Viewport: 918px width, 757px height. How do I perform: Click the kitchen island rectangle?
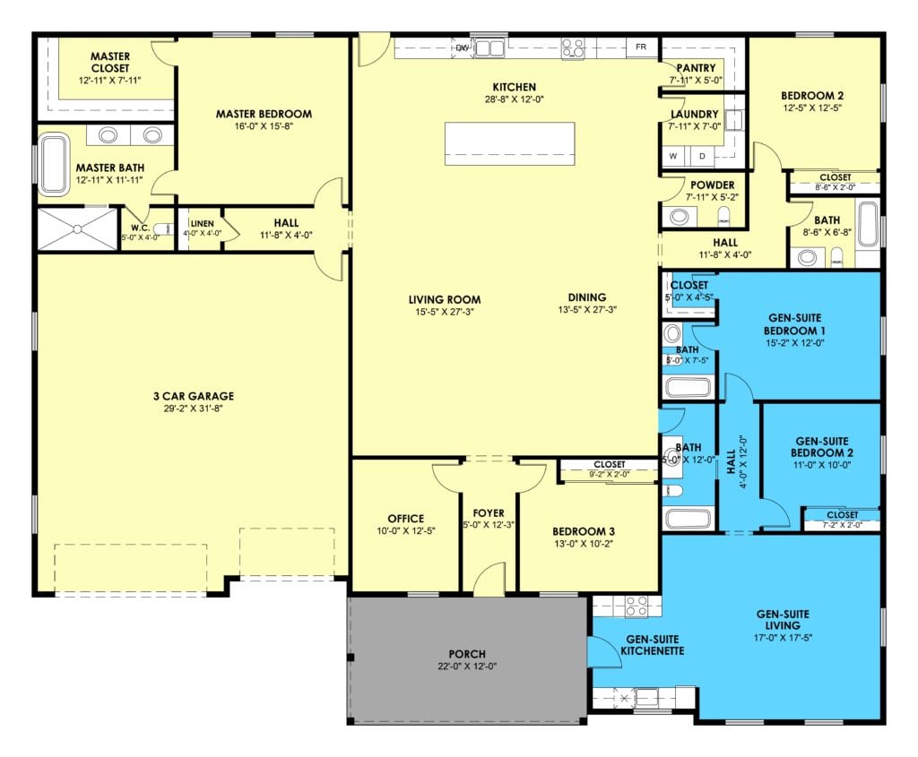(x=509, y=144)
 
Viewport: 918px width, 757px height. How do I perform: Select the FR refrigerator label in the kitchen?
(x=641, y=47)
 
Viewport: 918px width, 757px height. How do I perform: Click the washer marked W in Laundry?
(x=674, y=156)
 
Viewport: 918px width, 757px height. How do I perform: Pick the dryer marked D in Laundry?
(x=702, y=156)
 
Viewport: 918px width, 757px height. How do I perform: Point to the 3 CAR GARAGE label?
(x=194, y=396)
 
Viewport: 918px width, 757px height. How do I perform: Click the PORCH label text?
(x=467, y=654)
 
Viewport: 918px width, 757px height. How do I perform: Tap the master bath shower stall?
(x=78, y=228)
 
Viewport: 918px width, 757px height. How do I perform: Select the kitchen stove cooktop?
(x=573, y=49)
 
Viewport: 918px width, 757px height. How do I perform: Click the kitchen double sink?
(x=489, y=48)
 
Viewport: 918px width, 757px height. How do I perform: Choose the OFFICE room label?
(x=406, y=519)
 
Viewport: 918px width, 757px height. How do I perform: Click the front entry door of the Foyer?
(x=489, y=579)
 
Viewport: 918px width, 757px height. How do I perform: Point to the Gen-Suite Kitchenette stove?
(x=637, y=606)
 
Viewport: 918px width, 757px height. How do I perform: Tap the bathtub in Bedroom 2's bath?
(x=868, y=225)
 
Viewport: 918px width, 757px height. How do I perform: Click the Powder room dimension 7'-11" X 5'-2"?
(x=712, y=197)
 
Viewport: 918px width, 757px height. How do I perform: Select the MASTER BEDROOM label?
(x=264, y=114)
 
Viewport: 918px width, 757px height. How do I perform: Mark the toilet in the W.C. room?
(x=165, y=228)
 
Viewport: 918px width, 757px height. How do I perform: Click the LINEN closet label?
(x=202, y=223)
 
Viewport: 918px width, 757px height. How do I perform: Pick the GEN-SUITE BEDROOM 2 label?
(x=822, y=447)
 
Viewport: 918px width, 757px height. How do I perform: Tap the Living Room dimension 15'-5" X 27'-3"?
(x=445, y=312)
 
